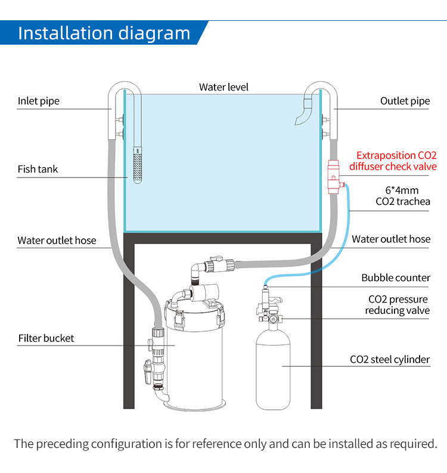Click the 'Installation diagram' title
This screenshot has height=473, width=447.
tap(104, 33)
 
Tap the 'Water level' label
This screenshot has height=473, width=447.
tap(223, 87)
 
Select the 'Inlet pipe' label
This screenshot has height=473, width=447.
tap(38, 101)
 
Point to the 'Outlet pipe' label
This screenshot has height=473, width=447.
tap(405, 101)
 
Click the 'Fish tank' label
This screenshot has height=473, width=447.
tap(38, 169)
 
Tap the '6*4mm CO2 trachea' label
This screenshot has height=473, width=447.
tap(403, 196)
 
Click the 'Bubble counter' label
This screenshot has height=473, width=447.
tap(395, 278)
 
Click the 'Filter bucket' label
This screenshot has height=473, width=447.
tap(46, 338)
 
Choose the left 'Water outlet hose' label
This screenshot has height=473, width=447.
tap(57, 241)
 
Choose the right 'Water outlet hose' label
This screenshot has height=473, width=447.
tap(390, 239)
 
